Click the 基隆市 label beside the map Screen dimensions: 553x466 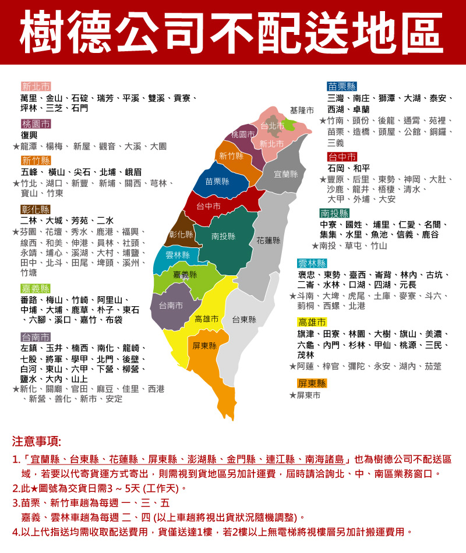pos(302,111)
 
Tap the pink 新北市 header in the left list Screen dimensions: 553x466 pos(36,86)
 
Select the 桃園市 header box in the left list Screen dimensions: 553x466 pos(36,123)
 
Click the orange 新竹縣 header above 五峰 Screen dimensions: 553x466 pos(36,161)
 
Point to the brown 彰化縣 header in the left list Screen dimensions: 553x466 pos(36,210)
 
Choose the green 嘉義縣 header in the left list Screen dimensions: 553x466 pos(36,289)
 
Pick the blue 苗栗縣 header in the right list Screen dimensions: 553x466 pos(343,86)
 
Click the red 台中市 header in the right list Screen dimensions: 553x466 pos(343,157)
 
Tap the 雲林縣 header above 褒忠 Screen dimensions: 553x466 pos(312,263)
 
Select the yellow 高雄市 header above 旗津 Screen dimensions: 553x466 pos(312,322)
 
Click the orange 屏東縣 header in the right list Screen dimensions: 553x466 pos(312,384)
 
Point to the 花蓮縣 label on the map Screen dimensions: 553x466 pos(269,240)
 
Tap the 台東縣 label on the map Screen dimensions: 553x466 pos(243,320)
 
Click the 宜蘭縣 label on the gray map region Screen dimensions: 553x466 pos(285,174)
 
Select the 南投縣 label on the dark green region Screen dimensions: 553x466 pos(223,236)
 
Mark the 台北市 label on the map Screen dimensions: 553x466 pos(272,126)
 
